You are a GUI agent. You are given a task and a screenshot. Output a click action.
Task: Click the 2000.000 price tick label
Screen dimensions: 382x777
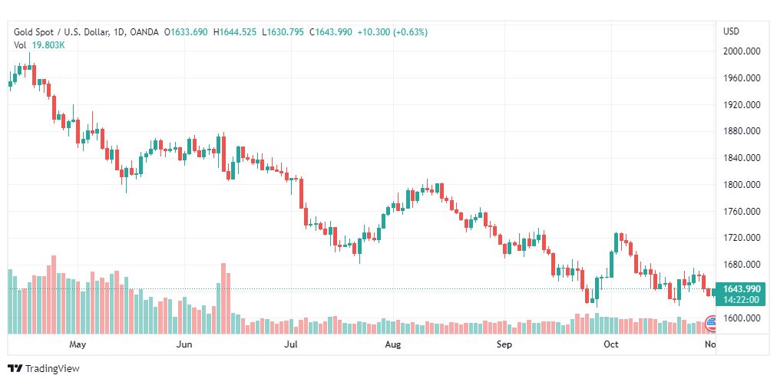coord(742,51)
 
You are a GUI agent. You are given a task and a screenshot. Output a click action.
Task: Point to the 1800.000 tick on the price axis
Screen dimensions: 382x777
coord(742,185)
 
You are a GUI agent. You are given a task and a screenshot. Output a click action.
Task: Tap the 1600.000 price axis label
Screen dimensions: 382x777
coord(742,318)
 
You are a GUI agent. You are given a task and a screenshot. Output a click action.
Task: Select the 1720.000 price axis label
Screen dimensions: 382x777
coord(742,239)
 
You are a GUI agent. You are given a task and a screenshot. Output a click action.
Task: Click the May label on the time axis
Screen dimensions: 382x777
coord(77,345)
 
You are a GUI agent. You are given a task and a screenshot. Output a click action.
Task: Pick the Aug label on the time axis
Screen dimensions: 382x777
coord(392,345)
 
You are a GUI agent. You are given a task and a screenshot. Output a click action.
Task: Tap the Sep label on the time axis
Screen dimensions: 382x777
coord(504,345)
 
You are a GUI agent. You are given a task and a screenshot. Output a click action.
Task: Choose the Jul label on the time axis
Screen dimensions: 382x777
coord(291,345)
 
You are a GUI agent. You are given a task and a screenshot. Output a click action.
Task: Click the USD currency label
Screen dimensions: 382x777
coord(731,31)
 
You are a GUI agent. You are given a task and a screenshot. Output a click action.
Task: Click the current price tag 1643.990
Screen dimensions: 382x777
coord(742,289)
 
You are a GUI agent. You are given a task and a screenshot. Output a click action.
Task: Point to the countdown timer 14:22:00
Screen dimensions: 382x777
coord(742,300)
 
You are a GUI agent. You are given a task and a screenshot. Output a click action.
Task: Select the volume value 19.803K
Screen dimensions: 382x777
coord(48,45)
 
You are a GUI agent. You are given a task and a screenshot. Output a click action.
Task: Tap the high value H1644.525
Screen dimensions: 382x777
coord(236,32)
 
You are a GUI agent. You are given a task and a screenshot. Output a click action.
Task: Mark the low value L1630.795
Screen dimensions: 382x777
coord(283,32)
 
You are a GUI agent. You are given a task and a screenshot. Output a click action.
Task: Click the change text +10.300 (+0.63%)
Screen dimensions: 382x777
coord(392,32)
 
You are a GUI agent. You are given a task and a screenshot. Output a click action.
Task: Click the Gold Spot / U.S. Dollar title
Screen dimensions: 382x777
coord(61,32)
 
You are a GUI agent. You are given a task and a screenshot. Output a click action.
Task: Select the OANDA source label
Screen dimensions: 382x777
coord(145,32)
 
